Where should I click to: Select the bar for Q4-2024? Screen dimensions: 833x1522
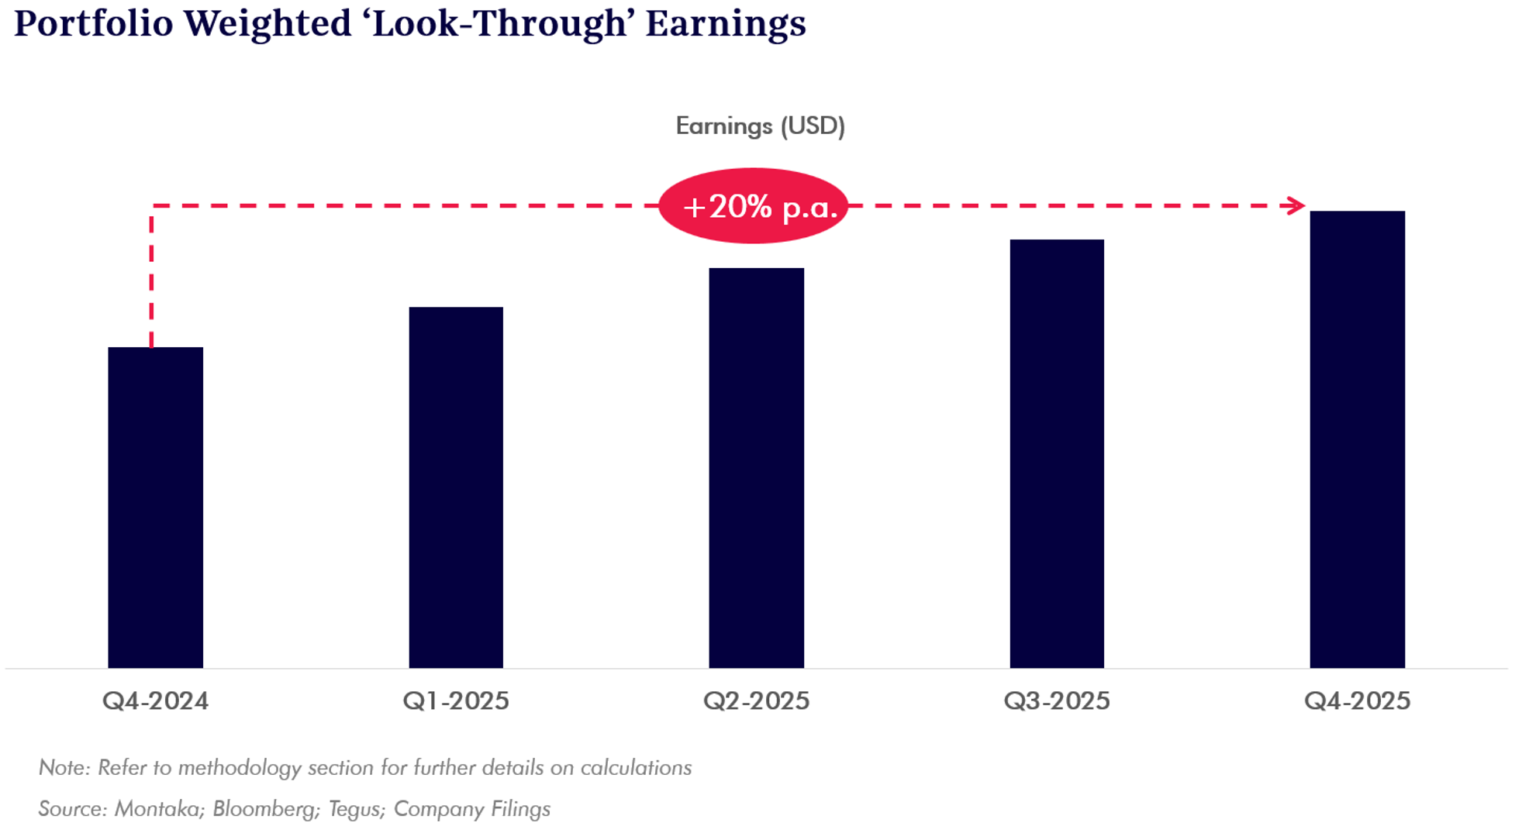pos(155,508)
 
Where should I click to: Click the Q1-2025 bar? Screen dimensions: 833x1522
pos(456,487)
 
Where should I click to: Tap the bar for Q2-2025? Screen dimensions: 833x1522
pos(756,468)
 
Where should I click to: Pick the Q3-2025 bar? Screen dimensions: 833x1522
pos(1057,453)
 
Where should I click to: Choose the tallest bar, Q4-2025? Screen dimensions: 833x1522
pos(1357,439)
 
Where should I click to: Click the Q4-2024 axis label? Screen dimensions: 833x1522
pos(155,701)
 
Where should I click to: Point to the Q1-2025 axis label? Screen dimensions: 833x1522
pos(456,701)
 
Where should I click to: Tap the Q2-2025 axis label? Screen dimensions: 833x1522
pos(756,701)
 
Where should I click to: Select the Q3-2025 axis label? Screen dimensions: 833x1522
pos(1057,701)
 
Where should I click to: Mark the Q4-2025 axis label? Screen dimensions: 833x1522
pos(1357,701)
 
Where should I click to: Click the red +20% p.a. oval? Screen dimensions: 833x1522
pos(754,206)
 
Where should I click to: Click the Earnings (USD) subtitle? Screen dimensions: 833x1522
pos(760,126)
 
